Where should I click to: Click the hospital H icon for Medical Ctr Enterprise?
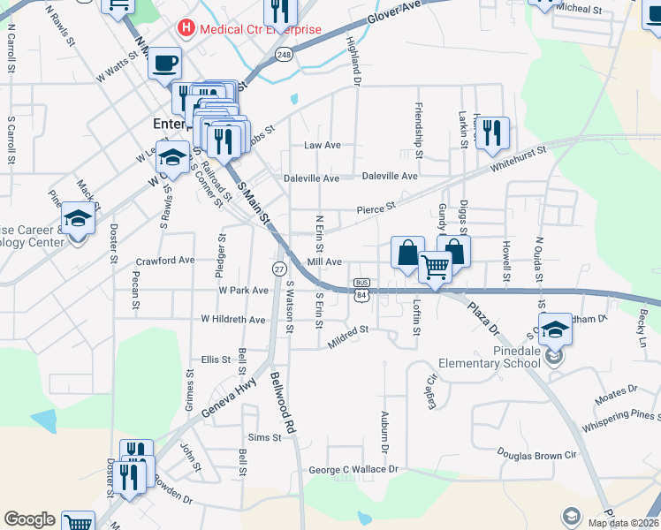(x=186, y=28)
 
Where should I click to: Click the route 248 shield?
(x=284, y=55)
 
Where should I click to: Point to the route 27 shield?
(x=278, y=269)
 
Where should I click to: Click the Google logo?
(x=29, y=519)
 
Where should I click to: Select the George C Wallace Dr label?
(x=353, y=469)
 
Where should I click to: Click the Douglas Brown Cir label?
(x=536, y=453)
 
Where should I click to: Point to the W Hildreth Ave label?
(x=233, y=319)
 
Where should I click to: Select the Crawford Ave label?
(x=165, y=261)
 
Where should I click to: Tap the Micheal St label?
(x=579, y=9)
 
